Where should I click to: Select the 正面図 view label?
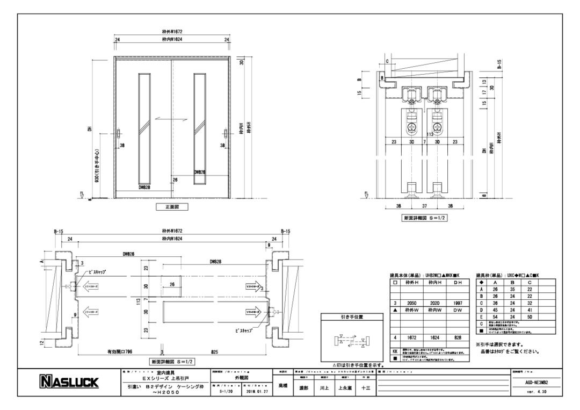(172, 206)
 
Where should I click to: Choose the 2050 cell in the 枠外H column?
(412, 304)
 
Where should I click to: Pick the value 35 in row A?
(513, 289)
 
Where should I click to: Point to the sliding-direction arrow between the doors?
(171, 119)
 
